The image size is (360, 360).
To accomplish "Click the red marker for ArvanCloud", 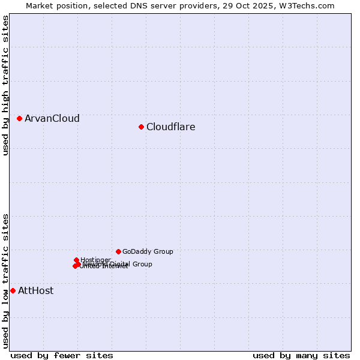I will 20,118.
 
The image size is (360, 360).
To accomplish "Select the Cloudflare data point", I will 141,127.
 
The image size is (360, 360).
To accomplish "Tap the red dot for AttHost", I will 13,290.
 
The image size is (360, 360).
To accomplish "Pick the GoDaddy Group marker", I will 118,251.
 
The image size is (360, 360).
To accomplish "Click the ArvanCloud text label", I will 52,118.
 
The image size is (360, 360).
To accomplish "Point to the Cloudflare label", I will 170,127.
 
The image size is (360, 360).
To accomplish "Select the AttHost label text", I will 35,290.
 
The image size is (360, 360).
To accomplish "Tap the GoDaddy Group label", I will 147,251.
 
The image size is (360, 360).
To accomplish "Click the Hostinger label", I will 95,260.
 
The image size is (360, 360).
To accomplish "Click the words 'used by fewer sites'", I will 62,355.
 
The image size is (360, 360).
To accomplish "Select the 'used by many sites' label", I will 301,355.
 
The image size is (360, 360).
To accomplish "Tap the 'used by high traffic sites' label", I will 5,85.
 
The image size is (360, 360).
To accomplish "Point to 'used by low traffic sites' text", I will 5,280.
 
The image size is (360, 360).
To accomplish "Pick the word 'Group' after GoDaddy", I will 163,251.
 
